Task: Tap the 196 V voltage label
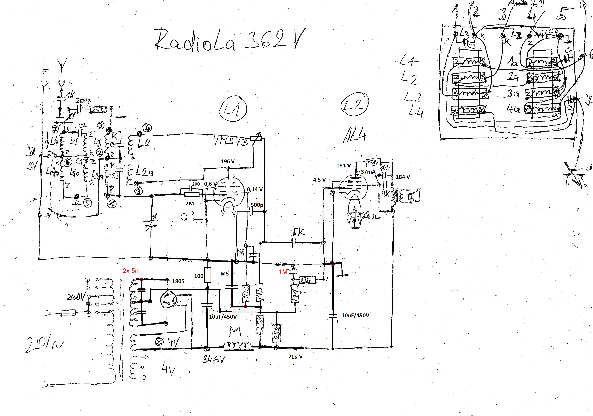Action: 227,162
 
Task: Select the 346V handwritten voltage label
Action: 213,359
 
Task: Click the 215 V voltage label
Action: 295,357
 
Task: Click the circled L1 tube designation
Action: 233,110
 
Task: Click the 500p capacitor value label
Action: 257,205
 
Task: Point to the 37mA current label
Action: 368,172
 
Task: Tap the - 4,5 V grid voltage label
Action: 318,180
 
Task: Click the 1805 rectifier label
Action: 178,281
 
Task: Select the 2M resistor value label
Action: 189,204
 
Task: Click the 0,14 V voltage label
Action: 255,189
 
